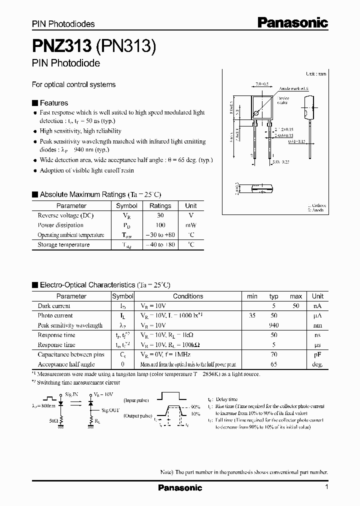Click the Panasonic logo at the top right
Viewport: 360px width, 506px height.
click(x=293, y=22)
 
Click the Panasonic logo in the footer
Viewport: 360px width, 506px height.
click(x=180, y=487)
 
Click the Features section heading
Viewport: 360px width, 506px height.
click(x=53, y=103)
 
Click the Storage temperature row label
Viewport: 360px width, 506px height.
click(x=63, y=244)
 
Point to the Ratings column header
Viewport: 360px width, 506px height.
click(x=160, y=205)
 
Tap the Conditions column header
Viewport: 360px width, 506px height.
click(x=188, y=296)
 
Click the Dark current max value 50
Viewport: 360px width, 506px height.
click(x=295, y=306)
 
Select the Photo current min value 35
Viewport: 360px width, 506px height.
click(x=251, y=315)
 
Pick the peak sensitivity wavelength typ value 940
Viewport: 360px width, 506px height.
click(x=273, y=325)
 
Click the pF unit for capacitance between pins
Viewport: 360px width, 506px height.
click(x=317, y=354)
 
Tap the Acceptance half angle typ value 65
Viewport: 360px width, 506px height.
click(x=273, y=364)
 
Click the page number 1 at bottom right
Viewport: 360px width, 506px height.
click(x=326, y=487)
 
